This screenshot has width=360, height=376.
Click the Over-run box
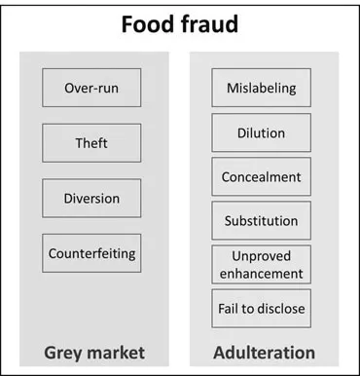[91, 89]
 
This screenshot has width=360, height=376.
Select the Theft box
[91, 143]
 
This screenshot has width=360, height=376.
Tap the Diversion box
[91, 199]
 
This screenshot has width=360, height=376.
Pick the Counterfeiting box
[91, 253]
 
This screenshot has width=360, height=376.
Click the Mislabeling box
[262, 89]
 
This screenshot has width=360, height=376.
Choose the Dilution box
[262, 132]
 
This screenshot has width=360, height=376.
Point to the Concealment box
[262, 176]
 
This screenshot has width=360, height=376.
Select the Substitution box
[262, 220]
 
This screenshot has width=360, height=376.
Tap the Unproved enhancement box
[262, 264]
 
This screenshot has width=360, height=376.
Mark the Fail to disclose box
[262, 309]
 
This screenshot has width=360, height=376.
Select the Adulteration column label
[262, 352]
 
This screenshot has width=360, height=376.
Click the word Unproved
[262, 256]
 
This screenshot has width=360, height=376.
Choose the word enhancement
[262, 273]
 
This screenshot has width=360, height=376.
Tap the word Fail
[230, 309]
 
